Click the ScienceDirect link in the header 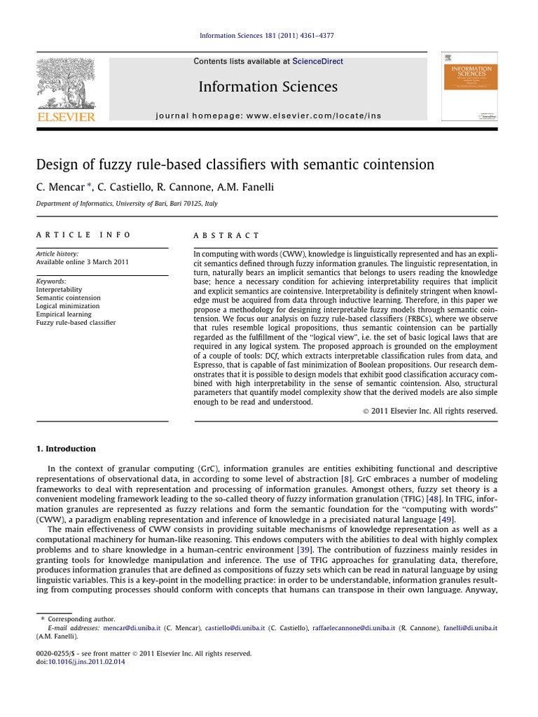point(317,62)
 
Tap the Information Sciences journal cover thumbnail point(469,85)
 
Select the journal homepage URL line point(268,116)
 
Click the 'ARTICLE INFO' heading point(83,235)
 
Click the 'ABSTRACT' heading point(226,236)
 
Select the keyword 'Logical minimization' point(68,306)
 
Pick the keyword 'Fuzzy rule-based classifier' point(76,323)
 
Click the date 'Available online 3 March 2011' point(82,262)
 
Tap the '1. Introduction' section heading point(66,449)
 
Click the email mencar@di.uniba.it point(132,628)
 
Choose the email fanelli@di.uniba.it point(470,628)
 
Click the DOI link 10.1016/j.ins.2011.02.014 point(86,662)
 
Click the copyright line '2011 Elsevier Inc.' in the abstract point(429,411)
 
